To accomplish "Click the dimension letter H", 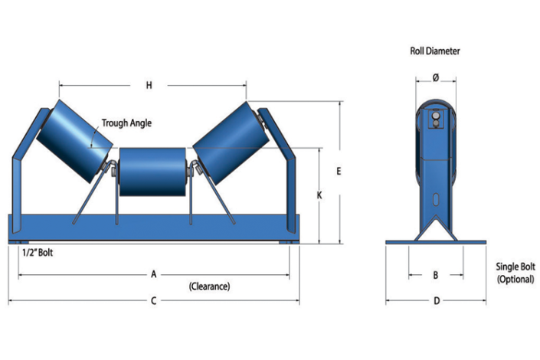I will click(149, 86).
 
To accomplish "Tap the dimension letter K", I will click(319, 196).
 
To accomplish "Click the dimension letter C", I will click(153, 301).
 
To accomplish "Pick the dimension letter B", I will click(435, 273).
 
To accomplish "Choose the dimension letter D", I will click(436, 301).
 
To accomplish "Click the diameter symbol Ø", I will click(435, 77).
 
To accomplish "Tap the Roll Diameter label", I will click(434, 51).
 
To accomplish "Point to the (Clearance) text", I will click(209, 286).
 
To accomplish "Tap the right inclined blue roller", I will click(229, 139).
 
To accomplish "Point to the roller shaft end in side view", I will click(435, 117).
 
